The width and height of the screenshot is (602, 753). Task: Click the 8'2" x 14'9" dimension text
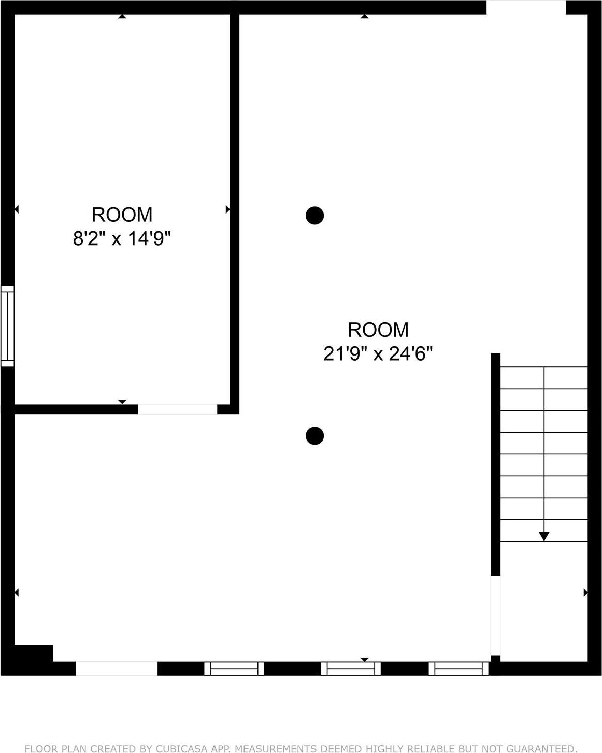click(122, 239)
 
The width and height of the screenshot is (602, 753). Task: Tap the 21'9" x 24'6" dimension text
click(378, 354)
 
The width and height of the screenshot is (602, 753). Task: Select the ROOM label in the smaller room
click(122, 214)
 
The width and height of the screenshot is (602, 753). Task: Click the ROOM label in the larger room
click(378, 330)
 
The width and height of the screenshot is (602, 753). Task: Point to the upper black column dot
click(314, 215)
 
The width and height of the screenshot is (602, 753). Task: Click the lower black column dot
click(314, 436)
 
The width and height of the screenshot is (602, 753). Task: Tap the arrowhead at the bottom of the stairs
click(543, 536)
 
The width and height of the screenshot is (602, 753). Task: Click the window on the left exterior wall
click(7, 325)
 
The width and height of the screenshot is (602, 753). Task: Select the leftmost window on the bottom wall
click(234, 669)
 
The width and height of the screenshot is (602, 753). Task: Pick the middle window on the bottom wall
click(351, 669)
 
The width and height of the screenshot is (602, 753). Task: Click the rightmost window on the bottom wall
click(458, 669)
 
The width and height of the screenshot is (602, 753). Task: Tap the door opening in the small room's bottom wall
click(177, 409)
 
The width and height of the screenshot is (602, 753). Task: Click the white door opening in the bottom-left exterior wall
click(117, 669)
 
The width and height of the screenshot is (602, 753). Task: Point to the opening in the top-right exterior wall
click(526, 7)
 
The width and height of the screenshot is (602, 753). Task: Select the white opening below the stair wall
click(495, 616)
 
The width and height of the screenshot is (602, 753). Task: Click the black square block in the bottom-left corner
click(33, 654)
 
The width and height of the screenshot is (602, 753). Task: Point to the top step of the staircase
click(543, 377)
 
